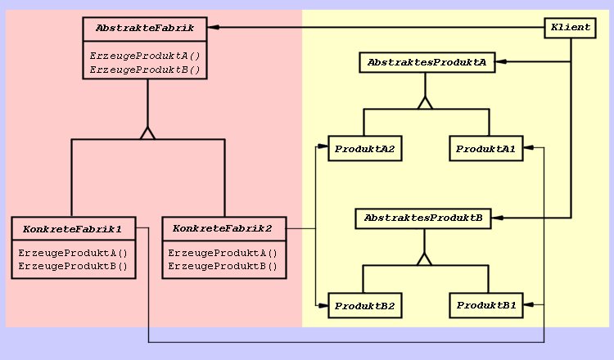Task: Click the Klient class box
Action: coord(571,28)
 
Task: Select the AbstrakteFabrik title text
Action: coord(144,29)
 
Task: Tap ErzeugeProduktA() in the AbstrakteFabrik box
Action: coord(144,56)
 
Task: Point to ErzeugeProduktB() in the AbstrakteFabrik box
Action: coord(144,70)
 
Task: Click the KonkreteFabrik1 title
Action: coord(73,228)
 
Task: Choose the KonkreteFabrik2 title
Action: coord(223,228)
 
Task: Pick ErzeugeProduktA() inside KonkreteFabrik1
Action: coord(73,253)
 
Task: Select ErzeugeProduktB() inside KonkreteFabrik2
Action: coord(223,266)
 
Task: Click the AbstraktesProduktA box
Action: coord(427,62)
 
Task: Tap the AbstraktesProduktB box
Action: coord(423,218)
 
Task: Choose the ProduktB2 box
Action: coord(364,306)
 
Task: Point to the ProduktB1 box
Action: coord(485,306)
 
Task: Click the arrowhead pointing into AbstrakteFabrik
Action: coord(212,28)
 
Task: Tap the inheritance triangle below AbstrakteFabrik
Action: coord(147,133)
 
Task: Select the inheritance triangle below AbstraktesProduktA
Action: coord(424,103)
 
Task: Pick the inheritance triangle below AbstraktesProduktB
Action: coord(424,259)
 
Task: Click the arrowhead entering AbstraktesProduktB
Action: coord(497,218)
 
